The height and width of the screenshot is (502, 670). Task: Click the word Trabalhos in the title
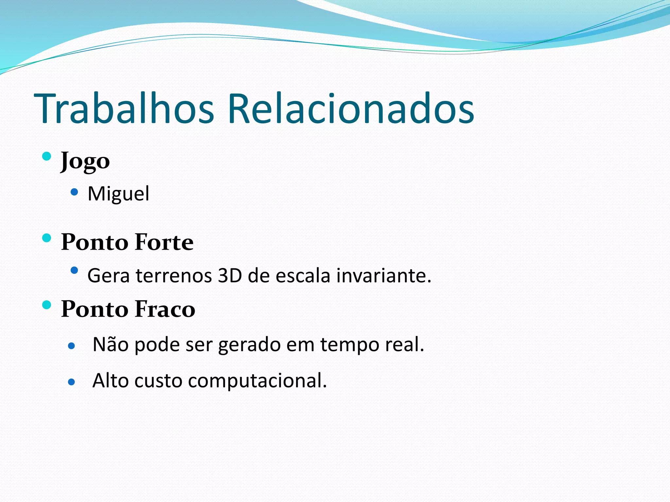124,109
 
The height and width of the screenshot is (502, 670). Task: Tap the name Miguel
118,193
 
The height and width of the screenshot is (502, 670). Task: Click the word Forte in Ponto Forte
164,242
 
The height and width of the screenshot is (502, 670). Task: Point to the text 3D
230,276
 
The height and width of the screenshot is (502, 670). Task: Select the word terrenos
174,276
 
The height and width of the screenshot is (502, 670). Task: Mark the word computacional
257,381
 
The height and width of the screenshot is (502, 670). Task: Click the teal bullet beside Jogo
47,156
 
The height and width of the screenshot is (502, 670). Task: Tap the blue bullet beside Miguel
75,192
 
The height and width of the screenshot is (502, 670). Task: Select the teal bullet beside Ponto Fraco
47,305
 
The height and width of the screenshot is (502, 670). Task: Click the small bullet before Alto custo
72,382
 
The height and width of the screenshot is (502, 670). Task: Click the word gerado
250,345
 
